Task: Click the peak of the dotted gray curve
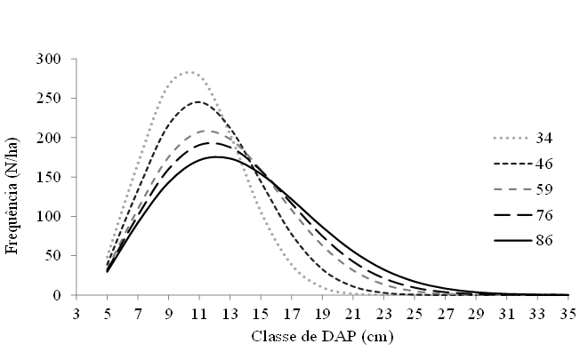click(x=189, y=72)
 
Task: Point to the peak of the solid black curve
click(x=215, y=156)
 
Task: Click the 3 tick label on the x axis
click(x=77, y=313)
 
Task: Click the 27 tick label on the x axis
click(x=445, y=313)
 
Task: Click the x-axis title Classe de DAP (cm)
click(x=321, y=339)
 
